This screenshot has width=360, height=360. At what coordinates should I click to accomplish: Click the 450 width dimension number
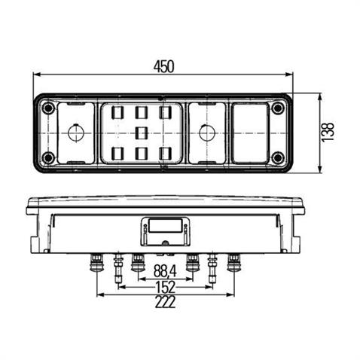coord(163,66)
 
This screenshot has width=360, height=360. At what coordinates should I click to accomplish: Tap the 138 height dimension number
coord(327,133)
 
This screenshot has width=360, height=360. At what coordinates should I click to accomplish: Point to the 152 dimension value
coord(165,287)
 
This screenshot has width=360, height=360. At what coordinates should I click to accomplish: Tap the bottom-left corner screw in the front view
coord(49,157)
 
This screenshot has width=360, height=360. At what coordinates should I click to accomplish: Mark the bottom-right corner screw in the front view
coord(278,157)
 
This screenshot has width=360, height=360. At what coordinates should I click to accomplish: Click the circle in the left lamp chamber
coord(74,133)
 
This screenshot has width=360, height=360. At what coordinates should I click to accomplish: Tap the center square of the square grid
coord(141,133)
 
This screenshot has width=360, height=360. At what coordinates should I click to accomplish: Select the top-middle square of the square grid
coord(141,112)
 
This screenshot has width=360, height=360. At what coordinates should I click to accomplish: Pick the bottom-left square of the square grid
coord(117,154)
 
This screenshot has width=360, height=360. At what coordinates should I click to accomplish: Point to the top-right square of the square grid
coord(164,112)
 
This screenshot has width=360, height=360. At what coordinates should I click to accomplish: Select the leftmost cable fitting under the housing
coord(96,263)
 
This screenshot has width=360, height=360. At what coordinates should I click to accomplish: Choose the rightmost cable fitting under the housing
coord(233,263)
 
